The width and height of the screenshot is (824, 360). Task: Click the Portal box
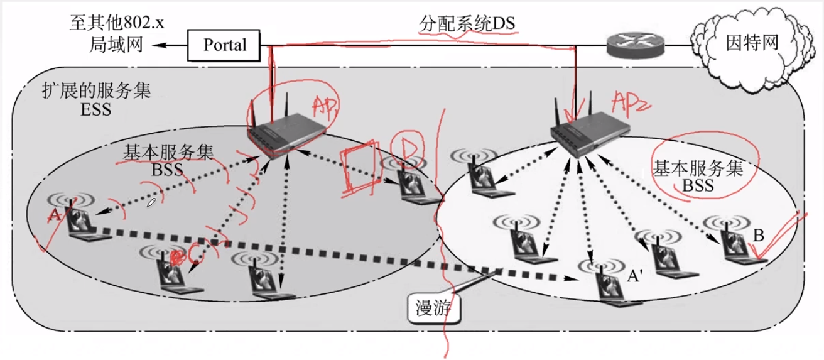(224, 45)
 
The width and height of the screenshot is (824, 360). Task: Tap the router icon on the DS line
(636, 45)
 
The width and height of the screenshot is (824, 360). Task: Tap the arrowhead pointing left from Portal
(157, 45)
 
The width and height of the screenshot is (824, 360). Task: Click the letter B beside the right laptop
(759, 236)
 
